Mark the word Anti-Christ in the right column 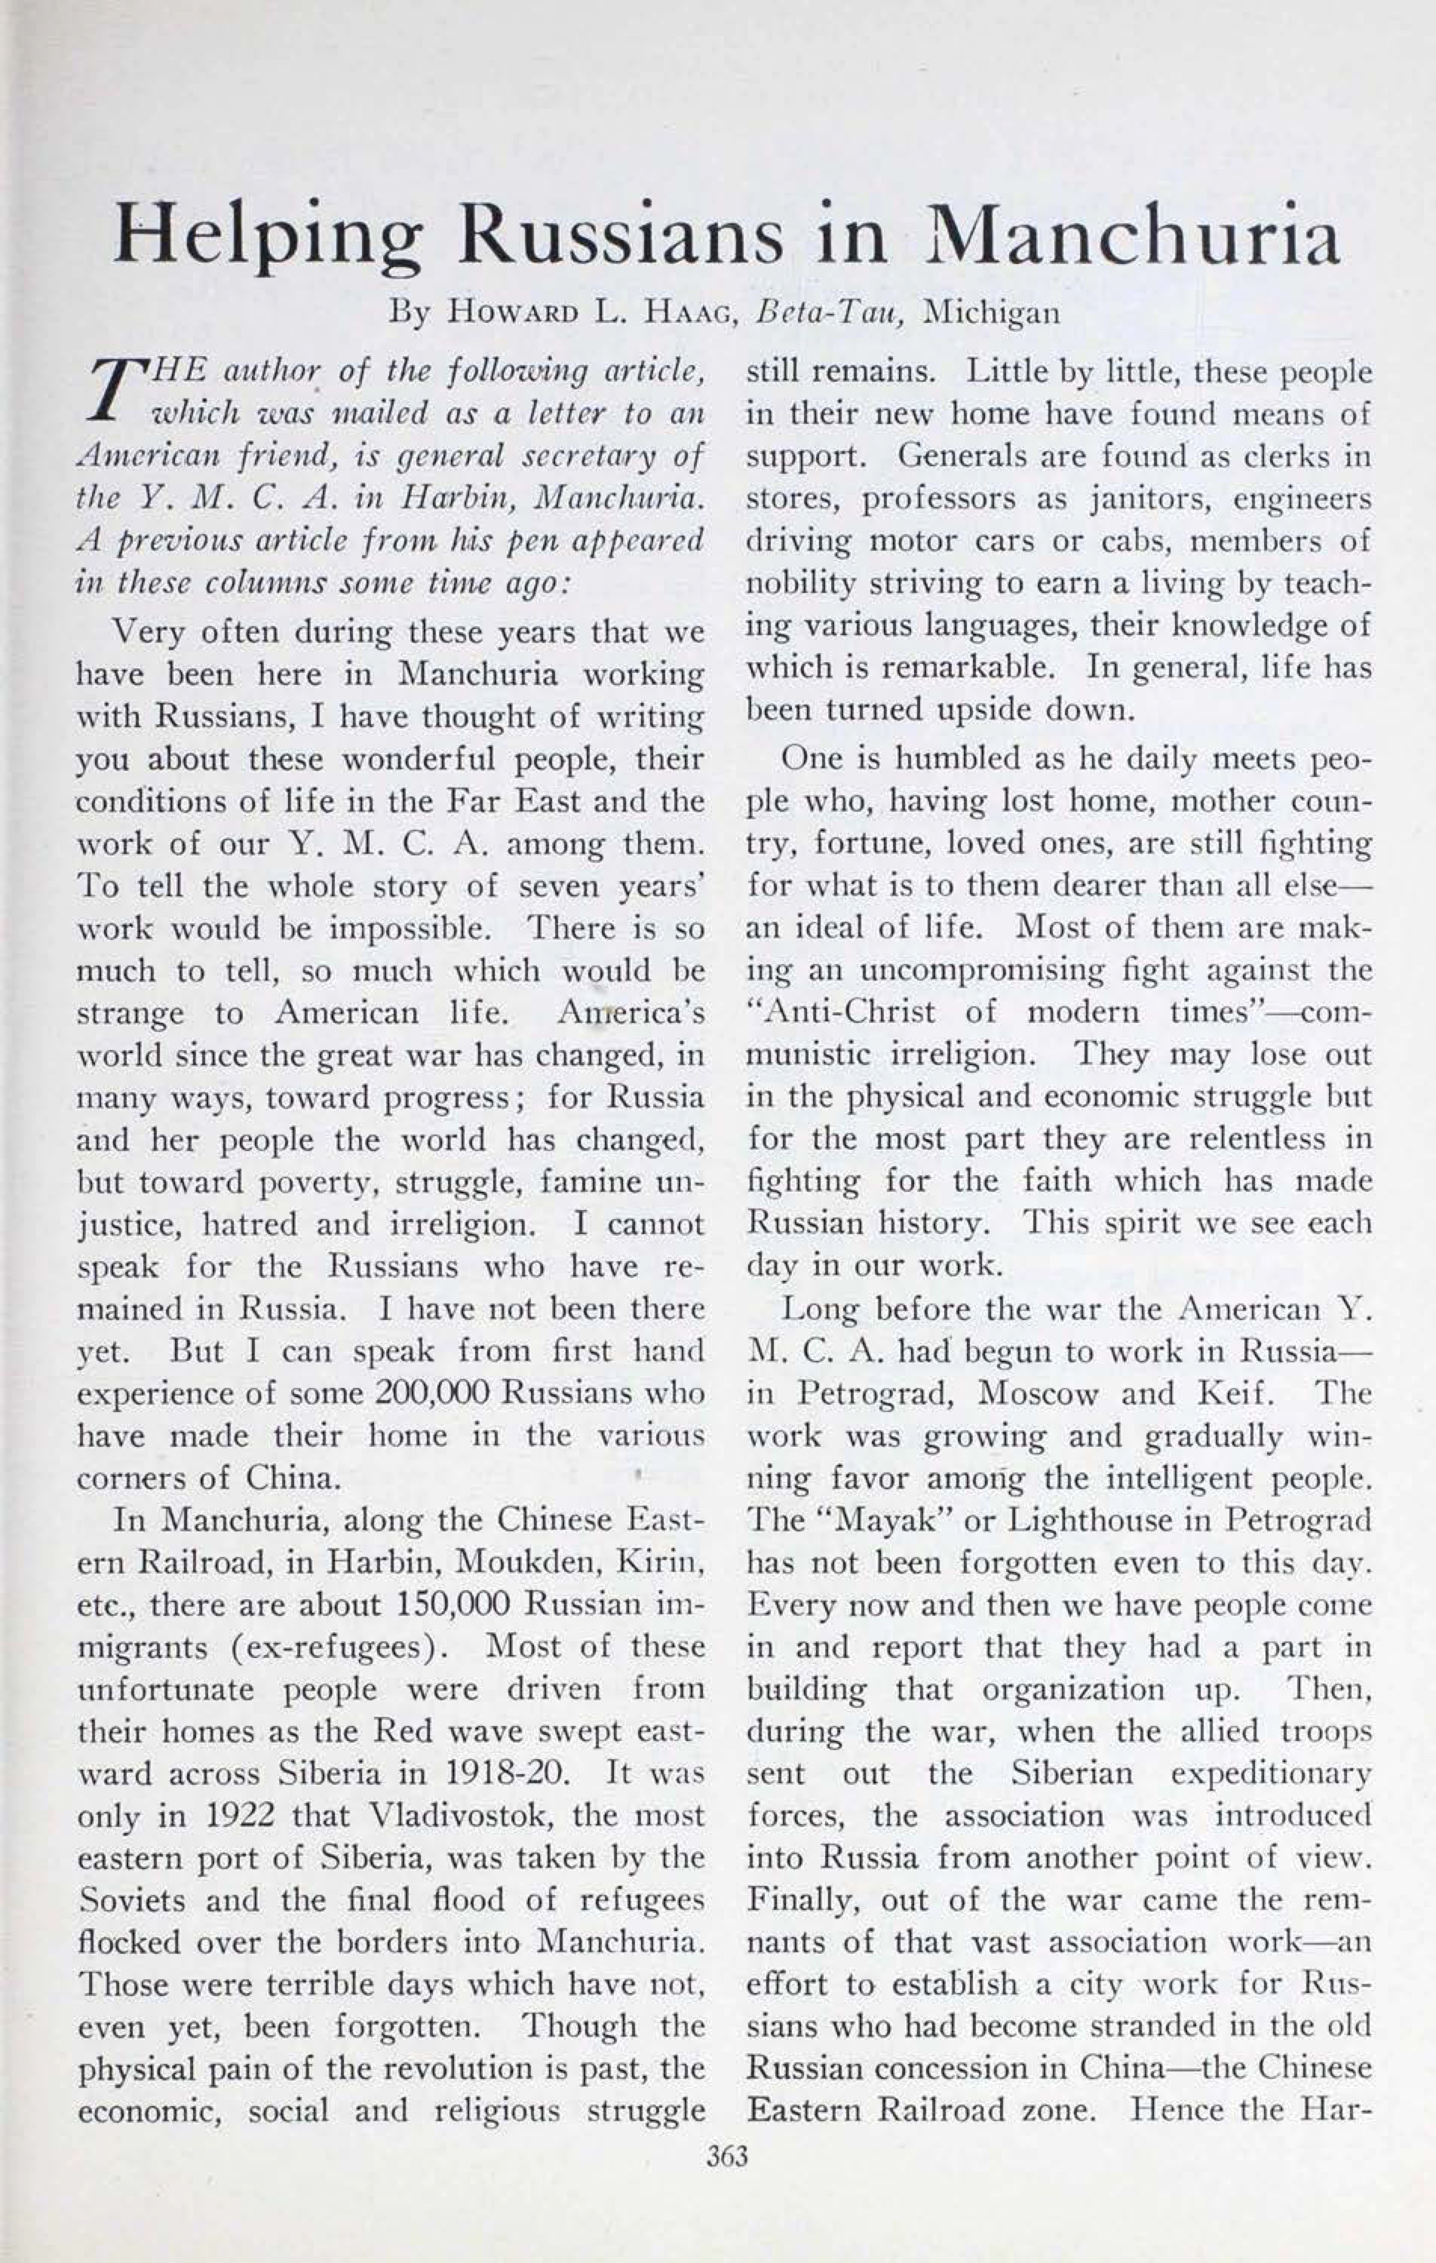(x=842, y=1012)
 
